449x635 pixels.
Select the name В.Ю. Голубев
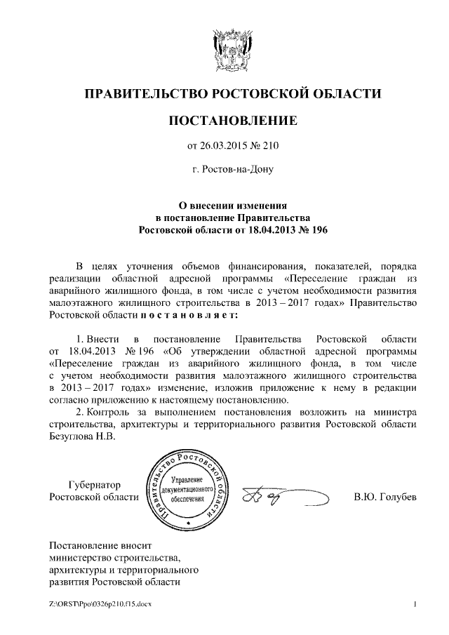(385, 497)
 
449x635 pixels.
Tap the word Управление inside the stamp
(187, 478)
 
